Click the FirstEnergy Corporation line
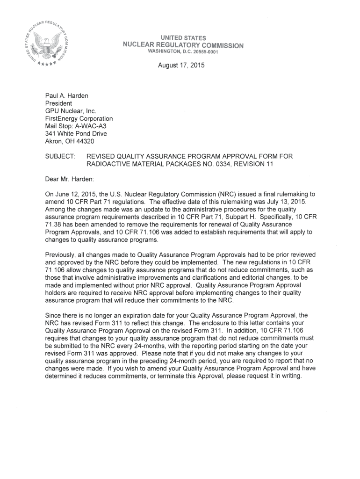(79, 118)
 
